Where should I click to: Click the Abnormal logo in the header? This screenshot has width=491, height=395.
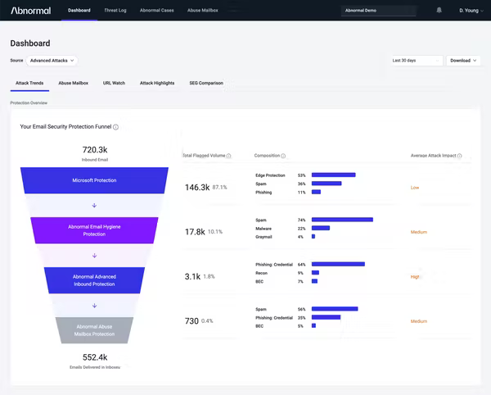[30, 11]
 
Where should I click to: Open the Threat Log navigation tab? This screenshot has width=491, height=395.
[115, 11]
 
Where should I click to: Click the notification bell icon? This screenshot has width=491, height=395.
[439, 11]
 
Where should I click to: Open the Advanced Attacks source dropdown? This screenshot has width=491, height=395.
[52, 60]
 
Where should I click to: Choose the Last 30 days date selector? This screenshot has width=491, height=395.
[417, 60]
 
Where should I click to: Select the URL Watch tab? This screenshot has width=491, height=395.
[114, 83]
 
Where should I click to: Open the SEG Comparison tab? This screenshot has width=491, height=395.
[205, 83]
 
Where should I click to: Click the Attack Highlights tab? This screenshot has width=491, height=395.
[157, 83]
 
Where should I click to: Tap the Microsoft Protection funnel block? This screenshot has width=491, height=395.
[94, 180]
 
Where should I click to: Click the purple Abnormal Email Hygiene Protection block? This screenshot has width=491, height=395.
[94, 230]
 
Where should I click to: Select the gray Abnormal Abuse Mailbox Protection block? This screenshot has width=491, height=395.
[94, 329]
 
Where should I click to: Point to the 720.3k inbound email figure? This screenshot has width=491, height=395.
[95, 150]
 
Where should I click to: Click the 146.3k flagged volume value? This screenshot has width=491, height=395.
[197, 187]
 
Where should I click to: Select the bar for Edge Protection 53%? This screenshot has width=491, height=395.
[333, 175]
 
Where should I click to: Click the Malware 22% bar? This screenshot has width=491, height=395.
[320, 229]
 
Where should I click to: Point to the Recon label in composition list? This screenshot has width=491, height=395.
[262, 273]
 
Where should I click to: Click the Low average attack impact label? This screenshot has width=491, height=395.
[415, 187]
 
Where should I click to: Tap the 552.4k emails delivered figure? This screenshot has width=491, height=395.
[95, 357]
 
